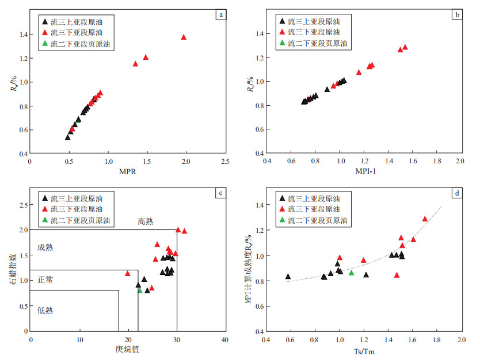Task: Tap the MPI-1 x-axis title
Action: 363,172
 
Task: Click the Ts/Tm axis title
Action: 363,350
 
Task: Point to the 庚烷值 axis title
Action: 127,350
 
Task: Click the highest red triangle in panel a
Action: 184,37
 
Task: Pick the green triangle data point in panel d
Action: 351,273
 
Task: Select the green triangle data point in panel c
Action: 140,290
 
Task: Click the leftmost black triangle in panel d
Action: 288,277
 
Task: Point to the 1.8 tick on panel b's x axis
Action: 436,162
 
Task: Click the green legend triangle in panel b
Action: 282,43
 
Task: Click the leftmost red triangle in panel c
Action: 128,273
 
